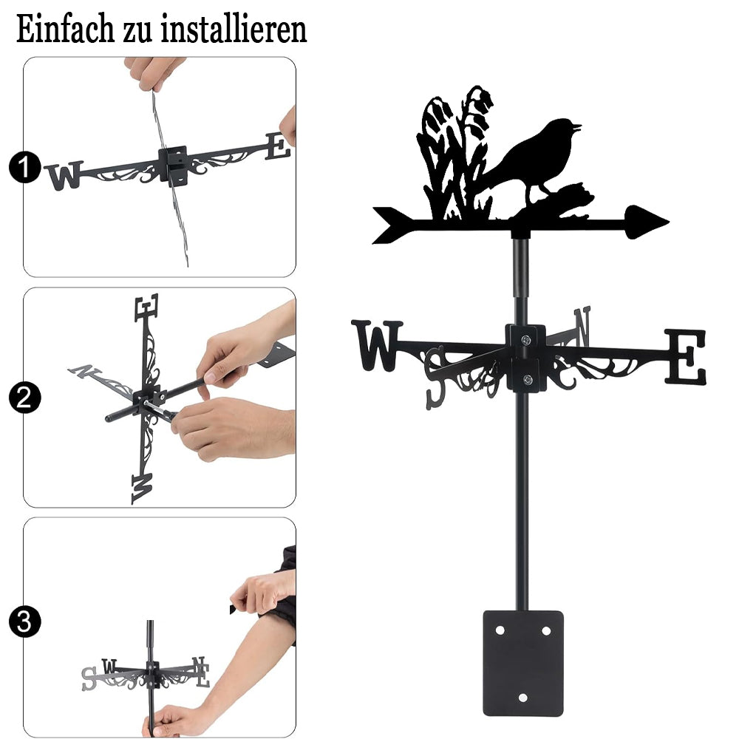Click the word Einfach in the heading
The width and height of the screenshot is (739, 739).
[x=66, y=30]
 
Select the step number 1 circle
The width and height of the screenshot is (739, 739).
[x=24, y=167]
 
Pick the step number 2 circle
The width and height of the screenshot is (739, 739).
[x=24, y=398]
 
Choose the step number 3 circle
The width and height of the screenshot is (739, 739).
[x=24, y=621]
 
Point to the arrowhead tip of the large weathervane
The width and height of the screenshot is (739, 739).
[x=668, y=221]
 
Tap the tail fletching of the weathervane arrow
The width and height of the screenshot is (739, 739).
[x=390, y=225]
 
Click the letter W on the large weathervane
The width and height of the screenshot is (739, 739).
[x=377, y=345]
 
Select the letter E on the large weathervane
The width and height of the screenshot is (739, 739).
[x=686, y=357]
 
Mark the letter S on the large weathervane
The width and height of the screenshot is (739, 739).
[x=435, y=378]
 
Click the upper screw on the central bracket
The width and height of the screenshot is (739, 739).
[x=526, y=339]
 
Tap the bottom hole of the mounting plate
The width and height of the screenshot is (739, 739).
[x=523, y=698]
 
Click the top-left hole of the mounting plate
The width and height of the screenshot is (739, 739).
[x=500, y=630]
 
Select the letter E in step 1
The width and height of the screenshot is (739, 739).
[x=278, y=146]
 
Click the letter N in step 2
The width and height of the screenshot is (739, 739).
[x=85, y=371]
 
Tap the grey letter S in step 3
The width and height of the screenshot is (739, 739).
[x=89, y=678]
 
